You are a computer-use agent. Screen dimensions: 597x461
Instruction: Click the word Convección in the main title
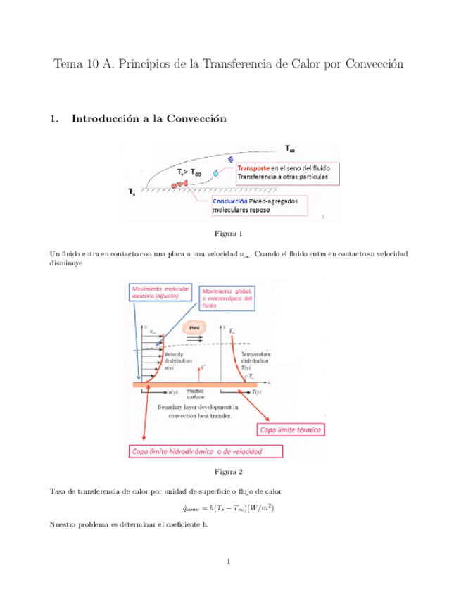pos(371,64)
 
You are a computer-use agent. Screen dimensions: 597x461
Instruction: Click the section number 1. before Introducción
pos(54,119)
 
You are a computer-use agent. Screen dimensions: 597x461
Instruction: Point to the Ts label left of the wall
pos(132,191)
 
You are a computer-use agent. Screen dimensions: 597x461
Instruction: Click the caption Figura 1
pos(230,233)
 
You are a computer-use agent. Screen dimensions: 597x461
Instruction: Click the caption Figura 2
pos(230,471)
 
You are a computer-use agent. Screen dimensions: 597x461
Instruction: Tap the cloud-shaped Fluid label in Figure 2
pos(194,328)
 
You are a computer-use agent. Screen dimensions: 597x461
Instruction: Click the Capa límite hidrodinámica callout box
pos(205,451)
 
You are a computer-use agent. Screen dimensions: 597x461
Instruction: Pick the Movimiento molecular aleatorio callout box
pos(156,293)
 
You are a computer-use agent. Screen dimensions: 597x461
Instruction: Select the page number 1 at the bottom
pos(229,561)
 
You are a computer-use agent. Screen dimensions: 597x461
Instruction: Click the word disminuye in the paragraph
pos(66,263)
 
